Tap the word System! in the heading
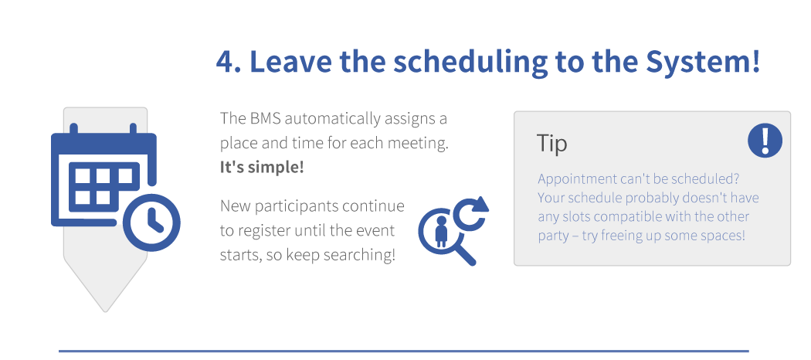[x=703, y=62]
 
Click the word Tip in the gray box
[x=552, y=143]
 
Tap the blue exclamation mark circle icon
[x=765, y=140]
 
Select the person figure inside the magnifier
[x=441, y=231]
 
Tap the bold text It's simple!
[x=262, y=168]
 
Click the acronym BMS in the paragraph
[x=265, y=118]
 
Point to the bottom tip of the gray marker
[x=106, y=312]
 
